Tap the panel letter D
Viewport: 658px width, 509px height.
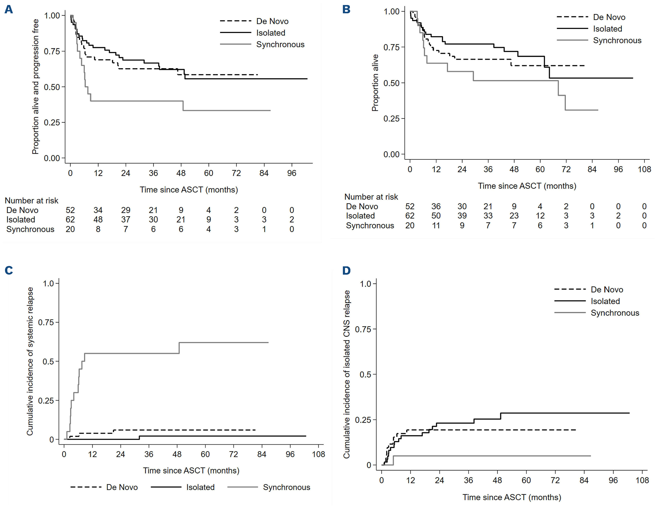click(x=347, y=270)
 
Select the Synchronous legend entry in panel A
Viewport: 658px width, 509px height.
click(x=280, y=45)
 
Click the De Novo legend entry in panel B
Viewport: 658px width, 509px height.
click(x=609, y=17)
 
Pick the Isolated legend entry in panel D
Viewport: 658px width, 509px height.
click(x=605, y=301)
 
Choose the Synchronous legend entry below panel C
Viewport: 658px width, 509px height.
click(x=286, y=487)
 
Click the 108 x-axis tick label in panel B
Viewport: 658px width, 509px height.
click(x=644, y=169)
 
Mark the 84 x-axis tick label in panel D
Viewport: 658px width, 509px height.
click(x=584, y=480)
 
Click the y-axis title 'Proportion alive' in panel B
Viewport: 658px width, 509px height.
click(x=375, y=83)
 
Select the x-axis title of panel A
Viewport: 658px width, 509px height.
click(x=189, y=190)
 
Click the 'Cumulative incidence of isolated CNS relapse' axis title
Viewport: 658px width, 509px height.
click(x=347, y=374)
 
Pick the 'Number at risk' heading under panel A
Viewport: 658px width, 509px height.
click(x=31, y=201)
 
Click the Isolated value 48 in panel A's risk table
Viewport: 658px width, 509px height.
click(x=98, y=220)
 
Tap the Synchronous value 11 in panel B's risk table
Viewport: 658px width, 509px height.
click(x=436, y=226)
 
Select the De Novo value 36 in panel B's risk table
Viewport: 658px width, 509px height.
click(x=436, y=206)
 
